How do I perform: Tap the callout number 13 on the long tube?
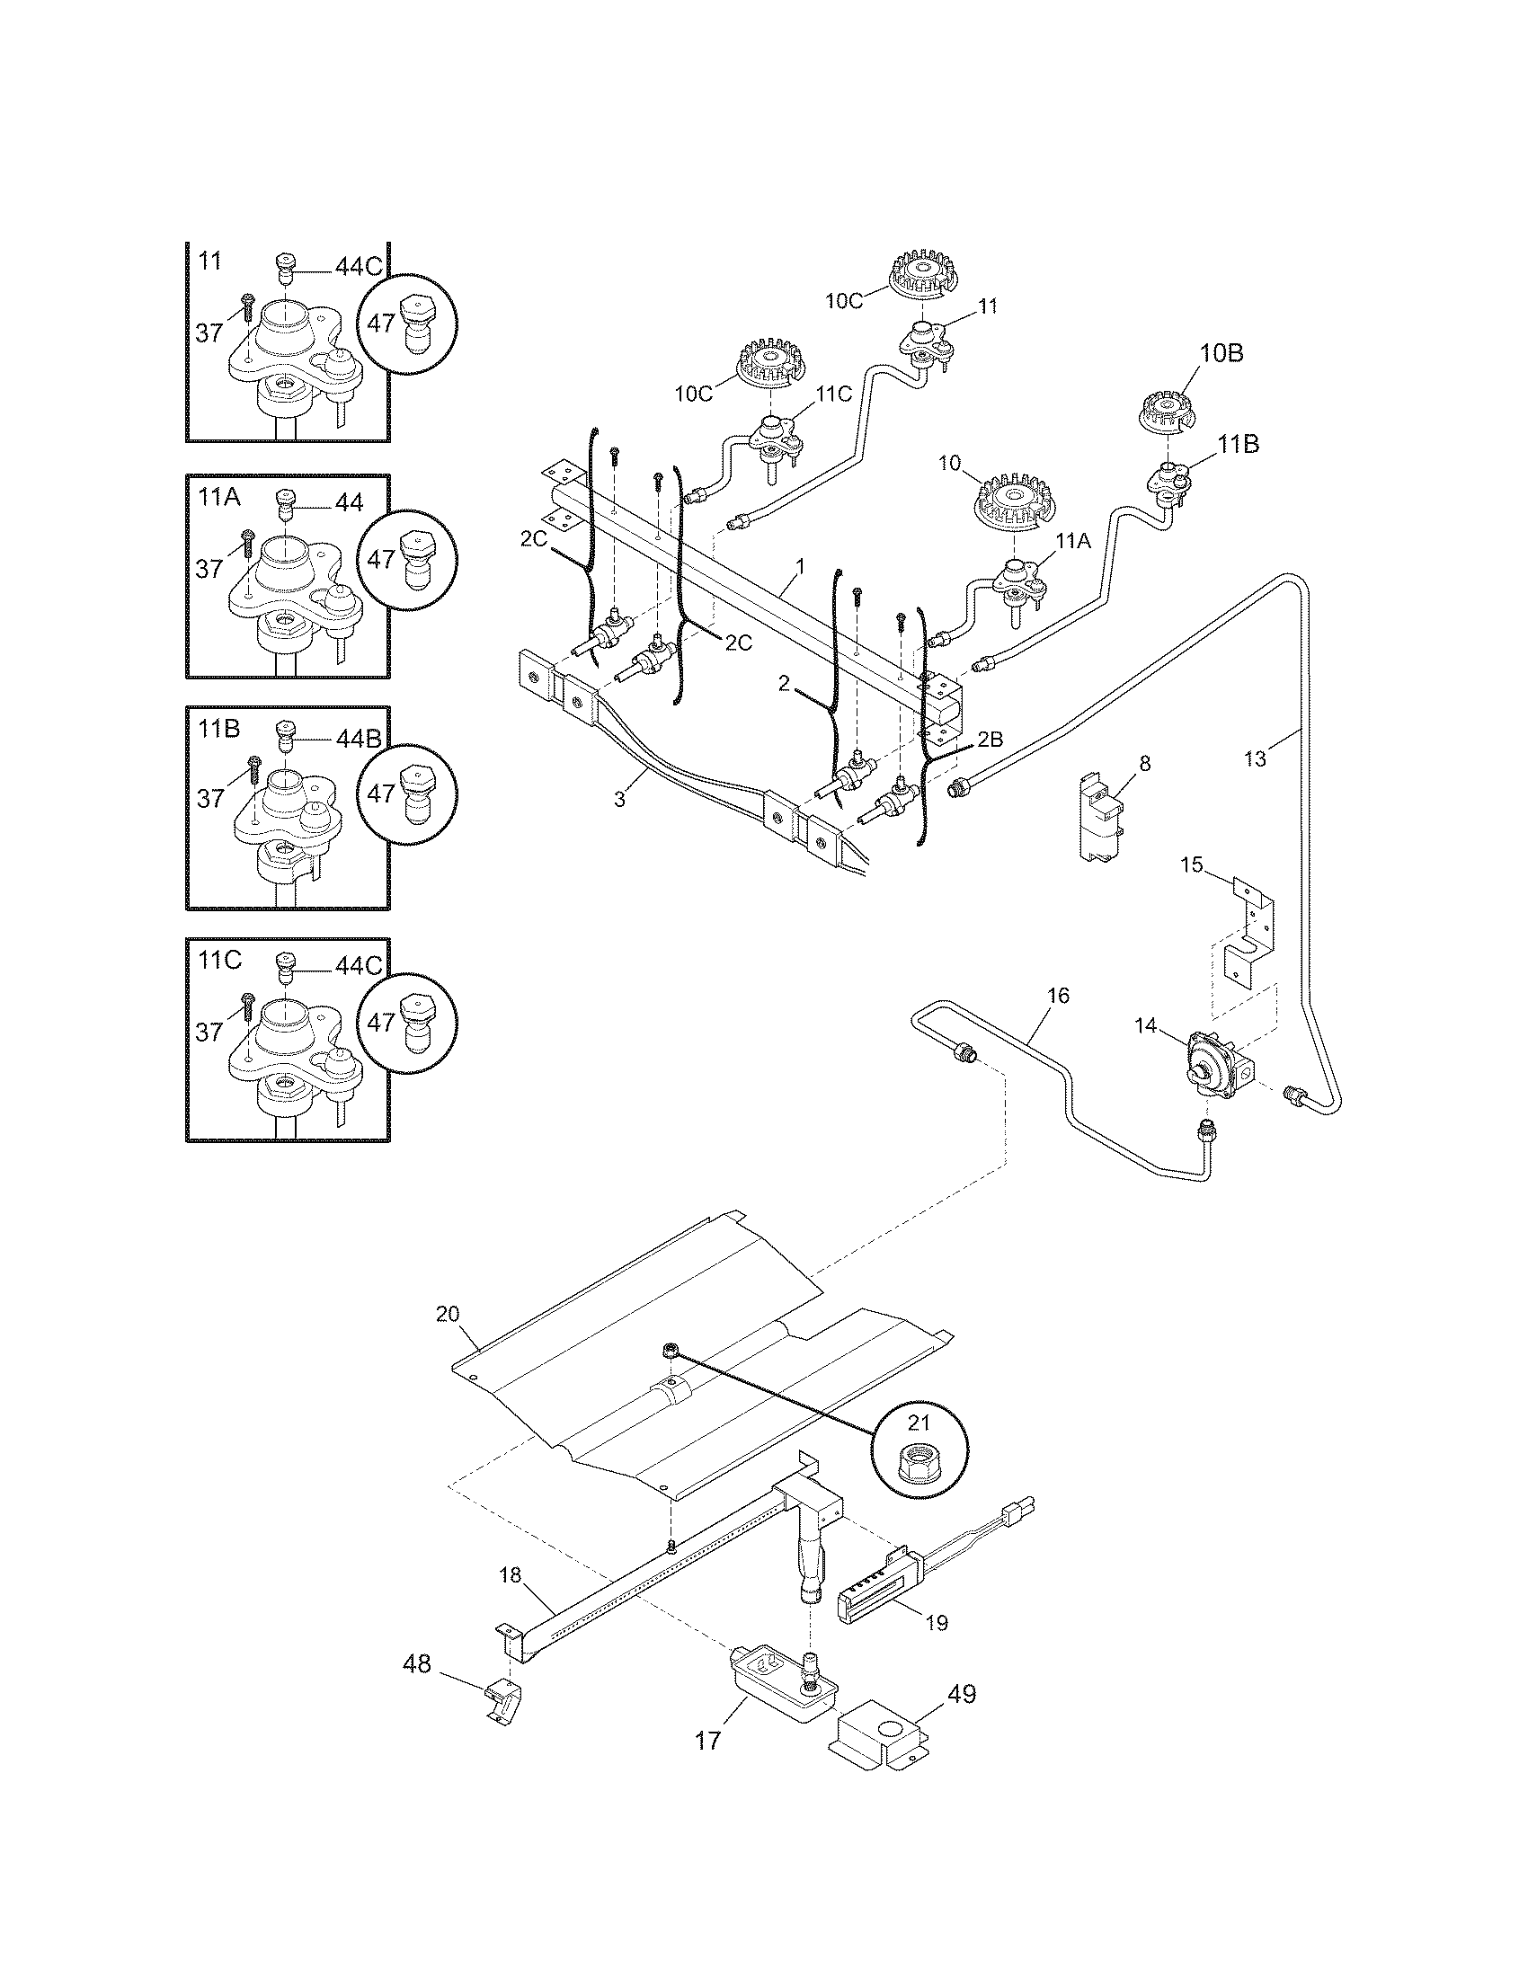click(x=1255, y=758)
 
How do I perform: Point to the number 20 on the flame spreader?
click(x=449, y=1314)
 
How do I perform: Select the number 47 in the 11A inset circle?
click(x=382, y=559)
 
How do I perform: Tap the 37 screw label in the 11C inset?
click(x=209, y=1032)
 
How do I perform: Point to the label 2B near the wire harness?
click(x=991, y=739)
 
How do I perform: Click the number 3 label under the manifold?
click(x=619, y=799)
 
